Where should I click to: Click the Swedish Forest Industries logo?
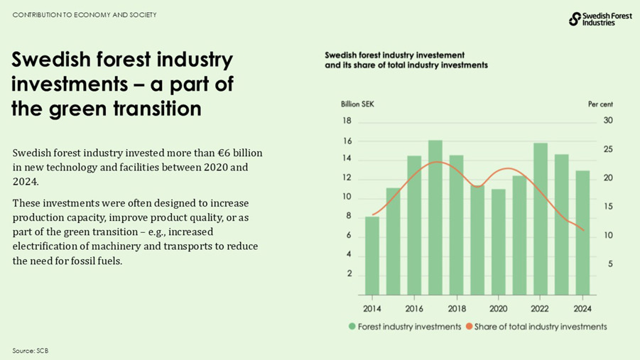[600, 19]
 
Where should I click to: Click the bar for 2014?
[371, 256]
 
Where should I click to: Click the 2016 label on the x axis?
[413, 309]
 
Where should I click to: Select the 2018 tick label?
[456, 309]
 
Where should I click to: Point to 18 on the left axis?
[347, 121]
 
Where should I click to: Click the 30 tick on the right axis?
[607, 121]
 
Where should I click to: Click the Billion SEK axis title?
[357, 104]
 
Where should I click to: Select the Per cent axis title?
[600, 104]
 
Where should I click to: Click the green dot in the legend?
[352, 327]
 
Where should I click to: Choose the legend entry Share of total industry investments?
[541, 327]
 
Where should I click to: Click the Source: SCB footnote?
[30, 351]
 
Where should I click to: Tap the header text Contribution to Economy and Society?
[85, 15]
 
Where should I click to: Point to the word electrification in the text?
[45, 246]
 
